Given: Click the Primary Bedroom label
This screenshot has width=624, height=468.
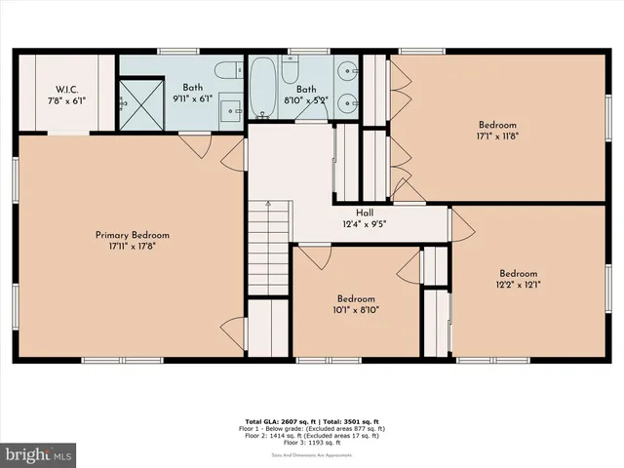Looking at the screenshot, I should tap(132, 235).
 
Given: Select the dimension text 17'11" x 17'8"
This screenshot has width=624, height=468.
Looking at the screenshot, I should tap(132, 248).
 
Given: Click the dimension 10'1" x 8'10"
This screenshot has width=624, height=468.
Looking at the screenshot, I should tap(356, 311).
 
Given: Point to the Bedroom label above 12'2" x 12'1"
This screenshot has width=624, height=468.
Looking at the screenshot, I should tap(519, 273).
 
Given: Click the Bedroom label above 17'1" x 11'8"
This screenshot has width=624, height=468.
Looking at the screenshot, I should tap(497, 124).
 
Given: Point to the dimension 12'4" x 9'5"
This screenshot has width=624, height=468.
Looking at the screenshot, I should tap(365, 224).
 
